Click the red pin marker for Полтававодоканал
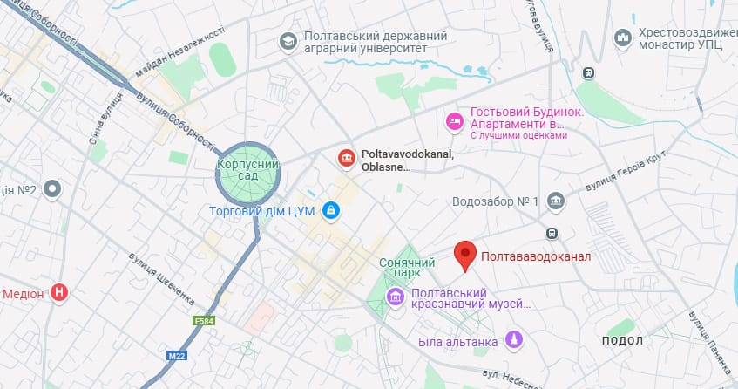pyautogui.click(x=466, y=255)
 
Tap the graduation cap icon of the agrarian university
pyautogui.click(x=287, y=41)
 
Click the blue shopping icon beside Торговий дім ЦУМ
pyautogui.click(x=331, y=210)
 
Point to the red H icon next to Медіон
pyautogui.click(x=59, y=293)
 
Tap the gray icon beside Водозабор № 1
pyautogui.click(x=556, y=201)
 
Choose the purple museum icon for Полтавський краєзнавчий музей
pyautogui.click(x=396, y=298)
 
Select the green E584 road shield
pyautogui.click(x=204, y=321)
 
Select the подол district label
pyautogui.click(x=622, y=339)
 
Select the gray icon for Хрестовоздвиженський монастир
pyautogui.click(x=622, y=38)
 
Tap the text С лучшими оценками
pyautogui.click(x=518, y=136)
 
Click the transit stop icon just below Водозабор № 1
pyautogui.click(x=551, y=233)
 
